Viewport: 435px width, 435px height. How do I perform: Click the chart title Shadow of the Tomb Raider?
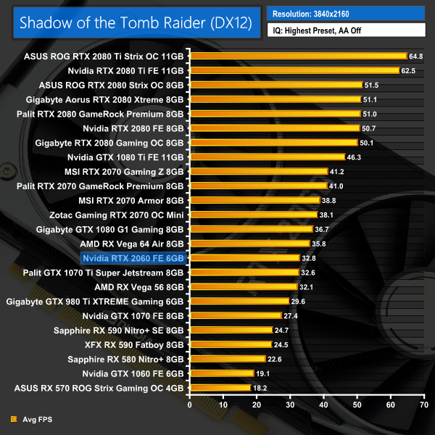pos(136,22)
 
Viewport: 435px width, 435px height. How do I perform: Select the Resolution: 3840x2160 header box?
pos(344,13)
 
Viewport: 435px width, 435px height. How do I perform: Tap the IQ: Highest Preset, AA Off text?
pos(344,32)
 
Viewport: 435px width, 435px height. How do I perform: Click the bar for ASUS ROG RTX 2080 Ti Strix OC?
pos(297,56)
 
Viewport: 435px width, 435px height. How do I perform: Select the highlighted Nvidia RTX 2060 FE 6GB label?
pos(133,258)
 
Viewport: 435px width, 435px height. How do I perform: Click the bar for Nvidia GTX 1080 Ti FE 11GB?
pos(266,157)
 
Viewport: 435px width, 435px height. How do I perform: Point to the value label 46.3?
pos(355,157)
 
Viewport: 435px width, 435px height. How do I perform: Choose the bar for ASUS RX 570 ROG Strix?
pos(220,388)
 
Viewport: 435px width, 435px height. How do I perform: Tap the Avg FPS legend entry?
pos(33,418)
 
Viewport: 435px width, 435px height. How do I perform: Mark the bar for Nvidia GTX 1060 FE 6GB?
pos(221,373)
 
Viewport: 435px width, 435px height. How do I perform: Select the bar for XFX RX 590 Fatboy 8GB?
pos(230,344)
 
